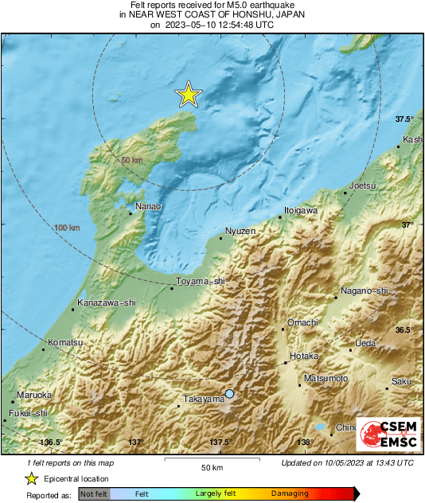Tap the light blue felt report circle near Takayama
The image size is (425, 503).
click(x=230, y=394)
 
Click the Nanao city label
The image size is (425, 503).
click(x=148, y=206)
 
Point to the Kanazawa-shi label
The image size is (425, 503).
click(x=107, y=302)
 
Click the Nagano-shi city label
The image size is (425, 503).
click(x=364, y=290)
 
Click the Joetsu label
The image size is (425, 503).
click(x=363, y=185)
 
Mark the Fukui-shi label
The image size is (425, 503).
click(x=29, y=413)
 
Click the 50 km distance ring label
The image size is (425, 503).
click(x=131, y=161)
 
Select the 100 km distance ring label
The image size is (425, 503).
click(x=68, y=228)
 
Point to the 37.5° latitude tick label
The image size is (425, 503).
click(x=405, y=119)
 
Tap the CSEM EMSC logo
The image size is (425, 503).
click(x=384, y=435)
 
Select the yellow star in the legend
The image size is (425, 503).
click(x=31, y=478)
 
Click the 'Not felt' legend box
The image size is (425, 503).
click(x=93, y=494)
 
